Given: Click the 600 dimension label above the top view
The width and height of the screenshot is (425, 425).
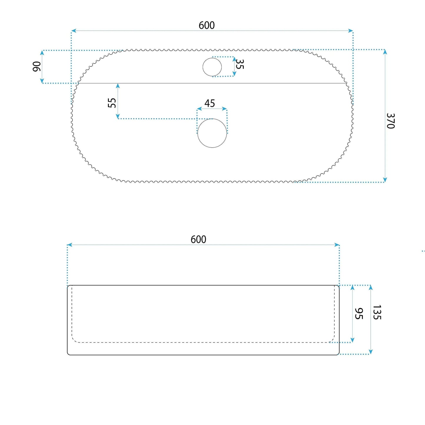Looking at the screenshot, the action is tap(206, 25).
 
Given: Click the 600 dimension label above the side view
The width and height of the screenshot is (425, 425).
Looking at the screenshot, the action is tap(198, 239).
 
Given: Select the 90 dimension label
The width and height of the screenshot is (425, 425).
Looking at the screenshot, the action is tap(37, 66).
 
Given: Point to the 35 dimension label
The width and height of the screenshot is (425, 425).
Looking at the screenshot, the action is tap(240, 64).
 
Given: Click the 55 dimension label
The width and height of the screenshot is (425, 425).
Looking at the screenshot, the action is tap(112, 103).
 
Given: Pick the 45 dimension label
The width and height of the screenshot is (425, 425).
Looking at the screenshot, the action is tap(209, 103).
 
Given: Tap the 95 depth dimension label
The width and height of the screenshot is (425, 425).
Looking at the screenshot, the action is tap(359, 314).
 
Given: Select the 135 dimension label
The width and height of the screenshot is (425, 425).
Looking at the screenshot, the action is tap(377, 312).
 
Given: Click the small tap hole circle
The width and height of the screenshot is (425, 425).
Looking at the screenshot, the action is tap(212, 58).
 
